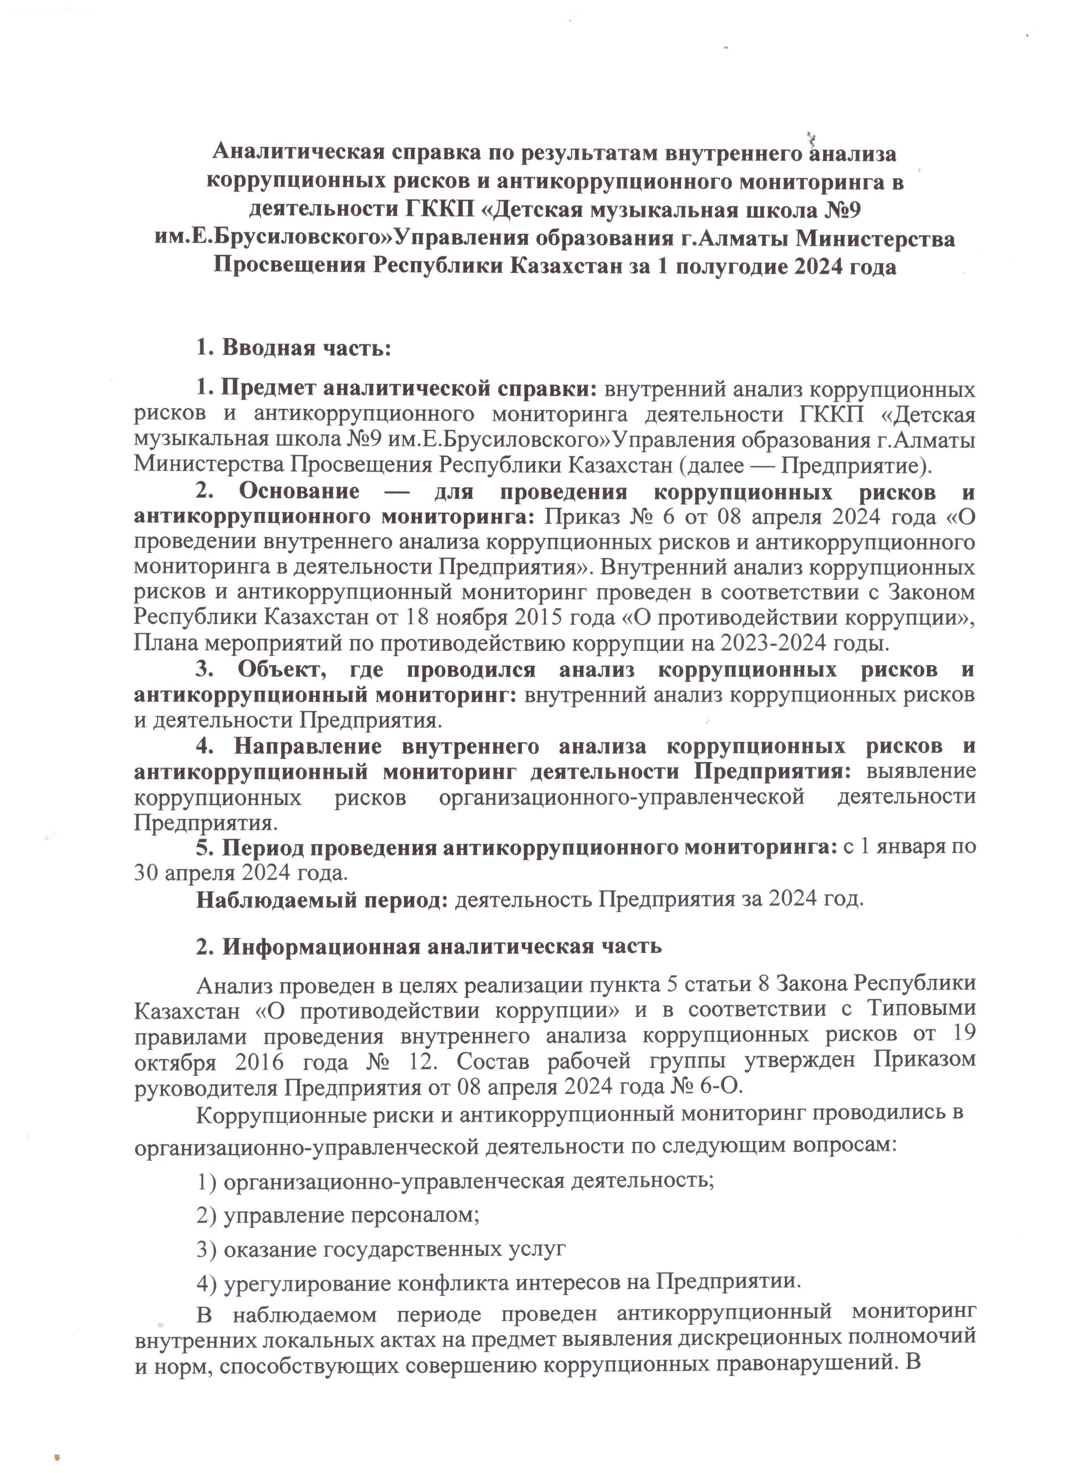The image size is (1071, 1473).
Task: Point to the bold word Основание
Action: [x=299, y=491]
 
